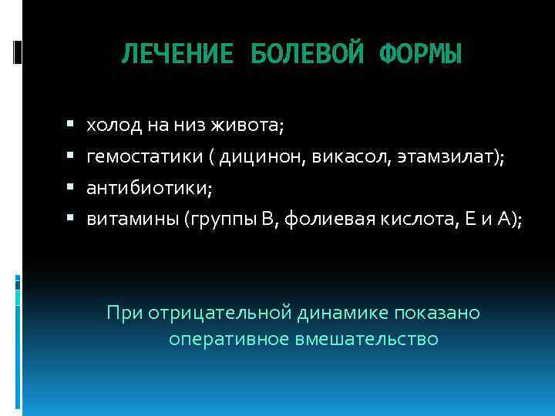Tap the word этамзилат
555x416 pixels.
tap(448, 156)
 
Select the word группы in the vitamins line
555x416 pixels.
tap(218, 221)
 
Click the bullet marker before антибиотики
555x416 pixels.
tap(69, 187)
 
